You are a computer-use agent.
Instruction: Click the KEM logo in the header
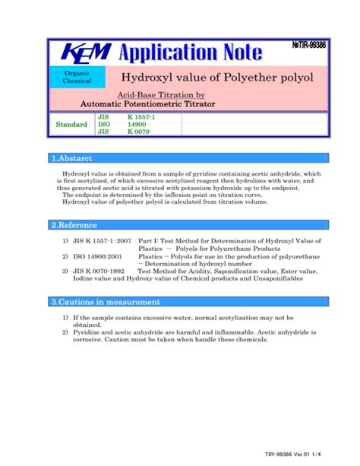click(85, 52)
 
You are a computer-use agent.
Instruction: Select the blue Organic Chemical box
click(77, 77)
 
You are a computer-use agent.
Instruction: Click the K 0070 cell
click(138, 132)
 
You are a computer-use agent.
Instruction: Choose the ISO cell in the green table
click(104, 124)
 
